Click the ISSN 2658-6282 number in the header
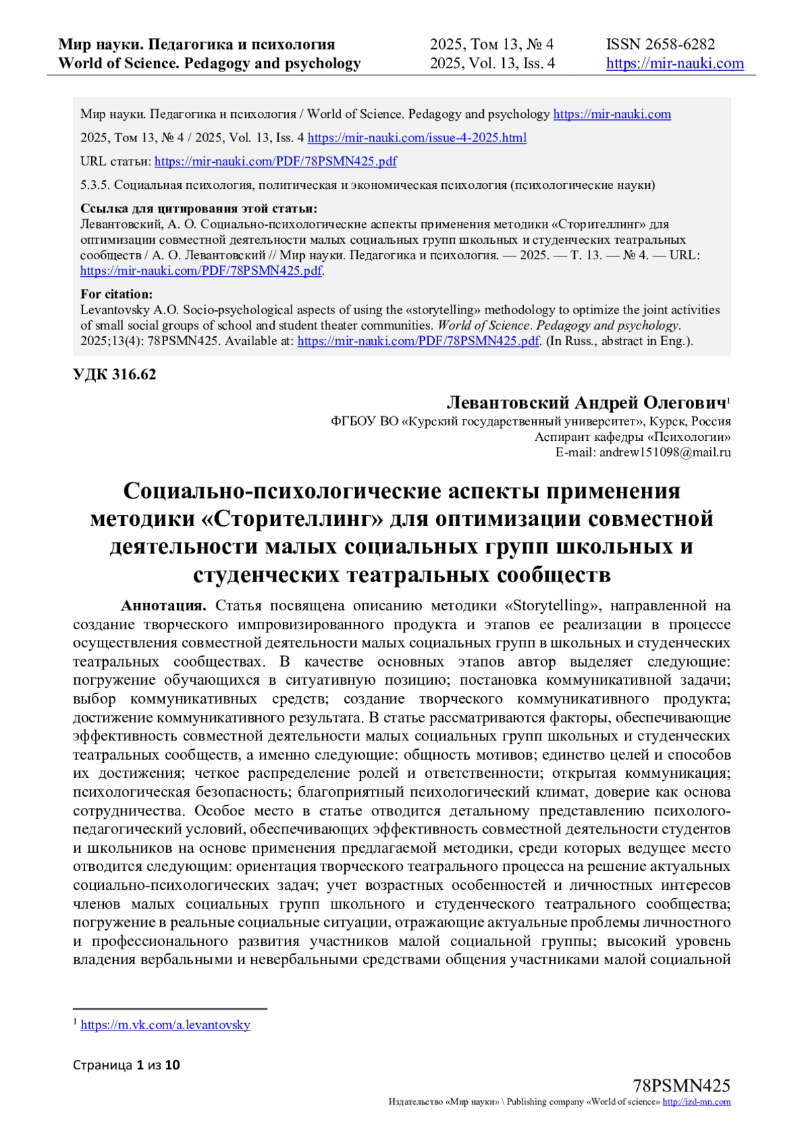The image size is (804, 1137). click(660, 45)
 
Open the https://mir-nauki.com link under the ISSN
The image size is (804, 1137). click(675, 64)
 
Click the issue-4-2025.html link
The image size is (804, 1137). click(417, 138)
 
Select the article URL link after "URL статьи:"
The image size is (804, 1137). click(275, 161)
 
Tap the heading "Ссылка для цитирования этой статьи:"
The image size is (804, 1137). click(198, 208)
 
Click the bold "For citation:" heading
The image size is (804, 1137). click(117, 294)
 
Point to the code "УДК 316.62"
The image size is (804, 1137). click(115, 375)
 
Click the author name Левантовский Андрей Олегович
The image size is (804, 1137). click(586, 403)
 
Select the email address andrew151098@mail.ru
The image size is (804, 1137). click(665, 452)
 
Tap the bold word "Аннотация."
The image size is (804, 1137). click(163, 606)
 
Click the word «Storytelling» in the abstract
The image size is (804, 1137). click(551, 606)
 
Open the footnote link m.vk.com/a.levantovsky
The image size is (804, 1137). click(165, 1025)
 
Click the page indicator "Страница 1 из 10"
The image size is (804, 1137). click(127, 1065)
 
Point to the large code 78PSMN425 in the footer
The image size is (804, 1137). click(681, 1086)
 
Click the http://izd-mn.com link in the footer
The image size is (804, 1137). click(696, 1102)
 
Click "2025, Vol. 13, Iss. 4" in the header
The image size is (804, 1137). click(492, 64)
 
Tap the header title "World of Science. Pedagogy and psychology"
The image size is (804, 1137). click(210, 64)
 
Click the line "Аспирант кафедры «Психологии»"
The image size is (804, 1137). click(632, 437)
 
